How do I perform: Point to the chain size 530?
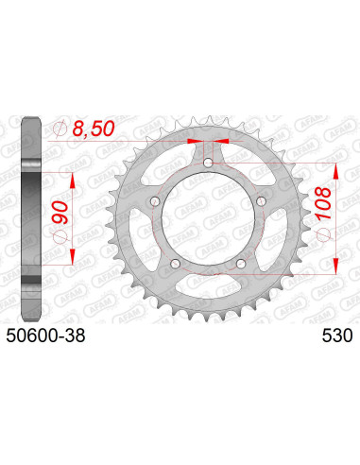(x=337, y=336)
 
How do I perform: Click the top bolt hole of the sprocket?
(x=209, y=164)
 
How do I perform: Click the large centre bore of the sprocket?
(x=209, y=220)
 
